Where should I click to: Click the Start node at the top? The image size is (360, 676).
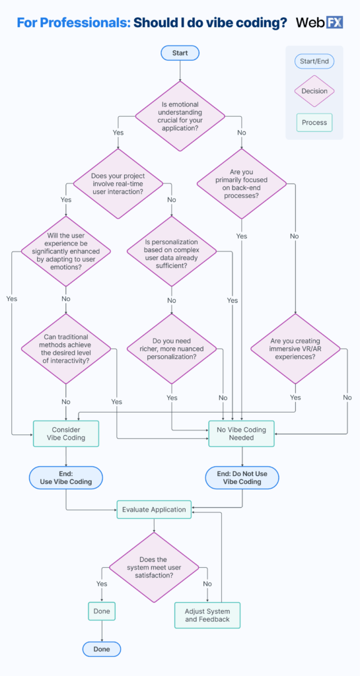[x=180, y=53]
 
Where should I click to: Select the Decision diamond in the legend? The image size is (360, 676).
[x=314, y=91]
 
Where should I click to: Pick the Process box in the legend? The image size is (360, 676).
[x=314, y=123]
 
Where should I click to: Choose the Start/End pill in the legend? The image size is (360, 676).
[x=314, y=61]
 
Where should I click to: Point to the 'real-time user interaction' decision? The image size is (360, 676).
[x=118, y=184]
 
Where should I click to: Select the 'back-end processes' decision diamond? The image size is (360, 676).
[x=242, y=184]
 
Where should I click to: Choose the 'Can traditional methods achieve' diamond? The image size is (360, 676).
[x=65, y=349]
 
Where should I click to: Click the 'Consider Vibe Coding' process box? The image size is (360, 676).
[x=65, y=434]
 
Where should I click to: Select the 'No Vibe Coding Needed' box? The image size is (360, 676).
[x=242, y=434]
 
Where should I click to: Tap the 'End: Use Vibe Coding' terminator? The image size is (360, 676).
[x=65, y=477]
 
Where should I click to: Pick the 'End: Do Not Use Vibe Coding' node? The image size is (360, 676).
[x=242, y=477]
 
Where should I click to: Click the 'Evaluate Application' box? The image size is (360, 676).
[x=155, y=509]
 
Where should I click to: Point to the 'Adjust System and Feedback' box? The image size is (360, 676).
[x=207, y=615]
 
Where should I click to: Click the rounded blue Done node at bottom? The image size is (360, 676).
[x=102, y=649]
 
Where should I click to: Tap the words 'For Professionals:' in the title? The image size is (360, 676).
[x=73, y=23]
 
